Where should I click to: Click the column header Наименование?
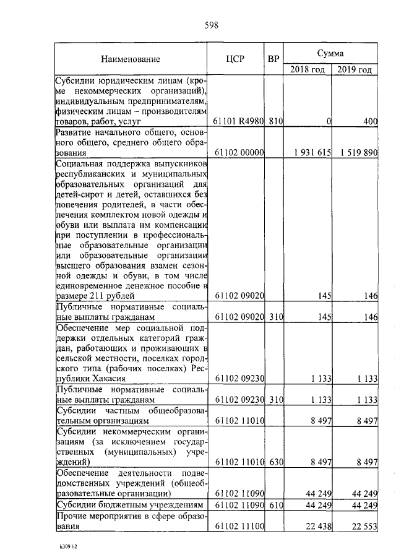(x=131, y=59)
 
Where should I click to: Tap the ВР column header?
(x=273, y=59)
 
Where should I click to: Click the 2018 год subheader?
(x=308, y=69)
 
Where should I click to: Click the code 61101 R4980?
(x=238, y=122)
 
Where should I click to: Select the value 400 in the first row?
(x=370, y=122)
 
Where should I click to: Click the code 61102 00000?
(x=238, y=152)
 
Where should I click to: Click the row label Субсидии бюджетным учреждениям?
(x=130, y=506)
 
